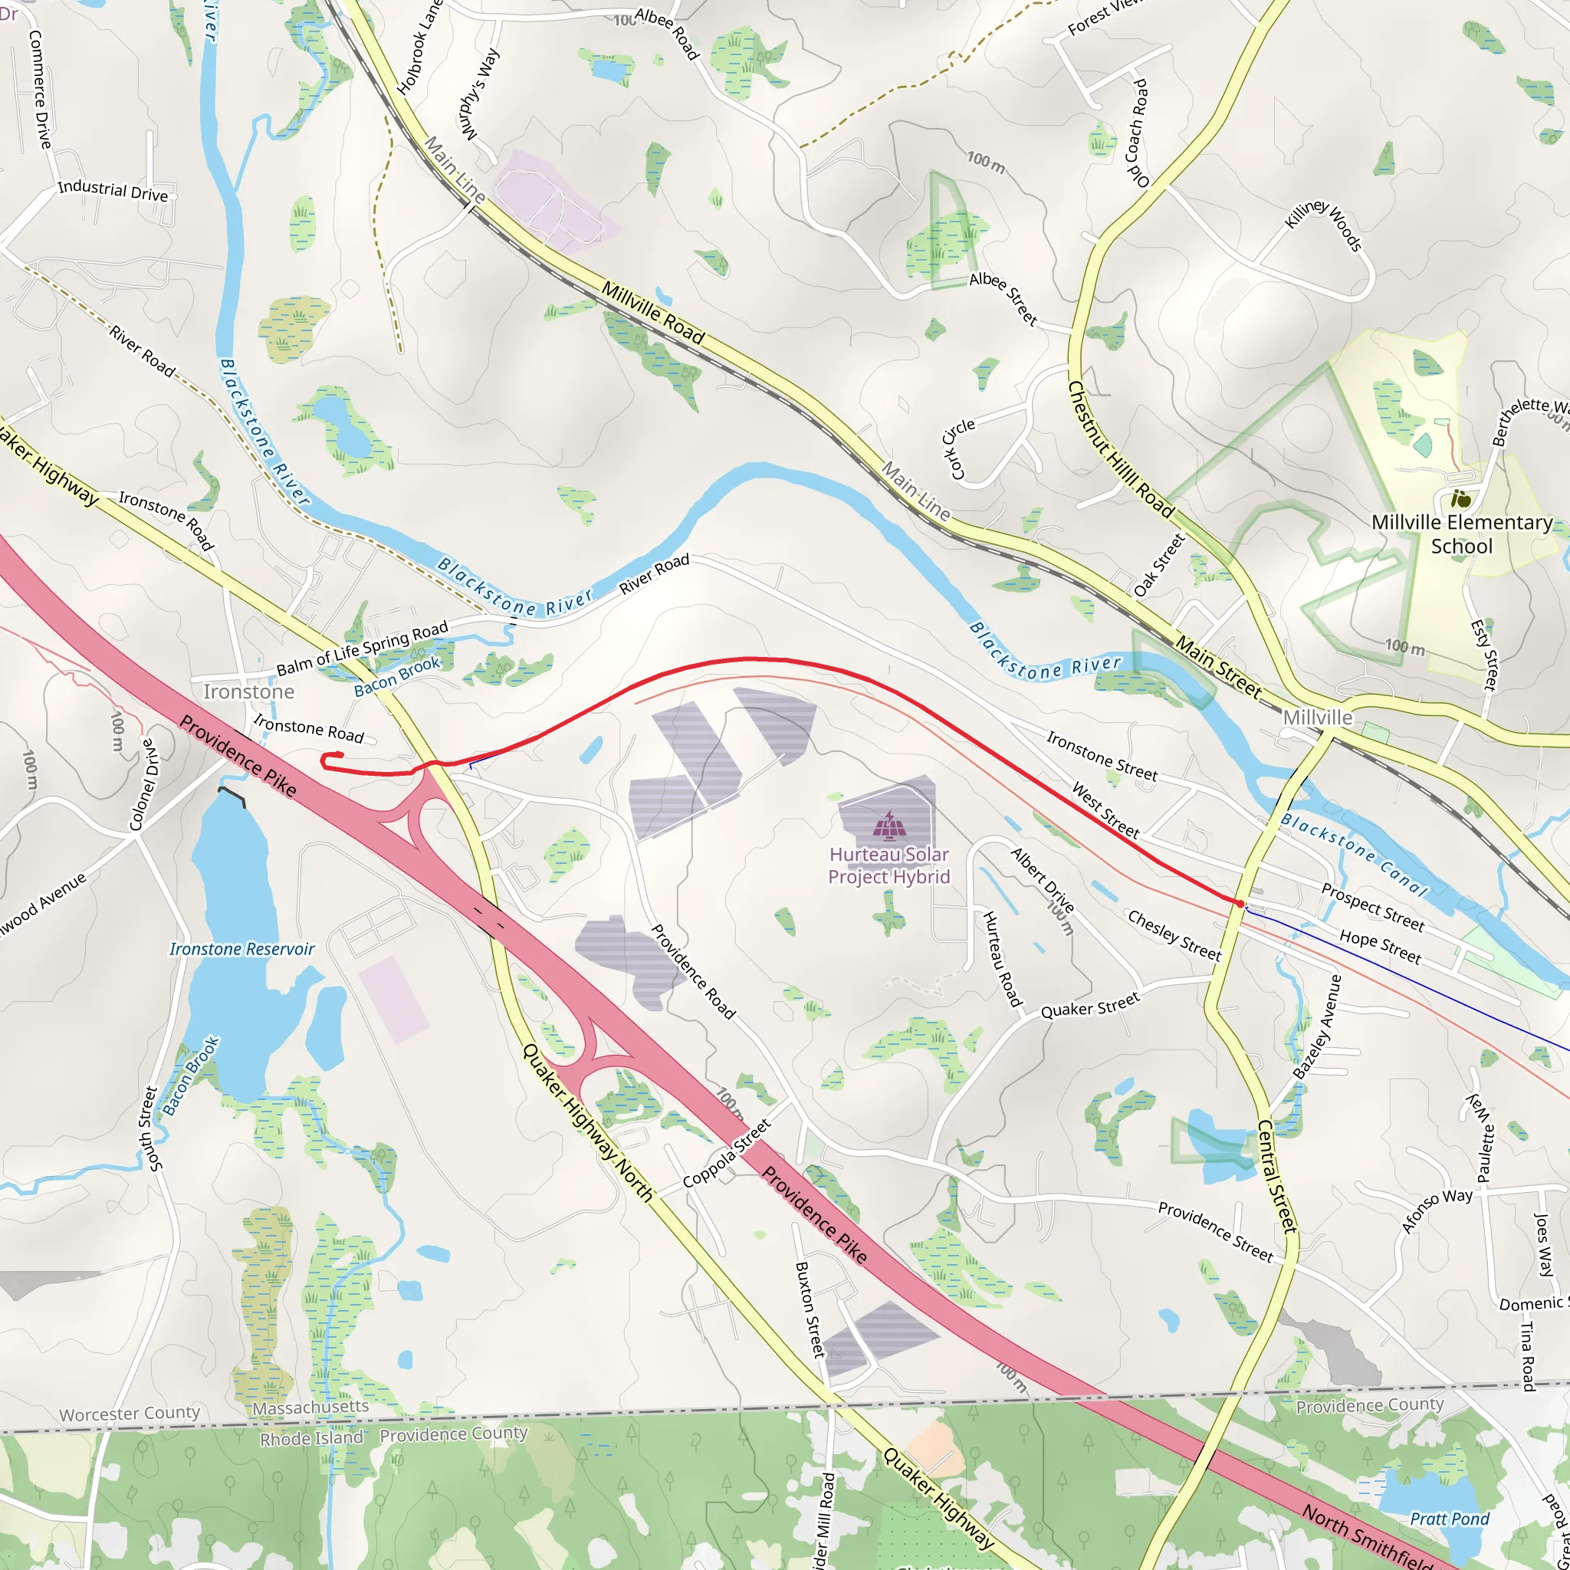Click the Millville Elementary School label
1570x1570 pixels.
click(1461, 534)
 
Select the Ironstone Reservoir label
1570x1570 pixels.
click(242, 949)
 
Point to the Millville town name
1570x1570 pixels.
click(1317, 718)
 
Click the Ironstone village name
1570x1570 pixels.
click(248, 691)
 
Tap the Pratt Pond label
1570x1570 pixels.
click(1449, 1519)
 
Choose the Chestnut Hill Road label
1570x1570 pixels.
click(1121, 449)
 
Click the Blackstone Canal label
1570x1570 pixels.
click(1354, 854)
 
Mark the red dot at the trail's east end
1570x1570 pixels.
click(1240, 904)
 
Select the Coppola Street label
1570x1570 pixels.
click(727, 1154)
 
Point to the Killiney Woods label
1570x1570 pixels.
click(1324, 225)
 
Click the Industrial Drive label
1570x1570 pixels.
click(113, 191)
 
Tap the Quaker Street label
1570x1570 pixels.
click(1091, 1007)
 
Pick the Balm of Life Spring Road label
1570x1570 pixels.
click(363, 649)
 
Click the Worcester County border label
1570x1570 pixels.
click(130, 1414)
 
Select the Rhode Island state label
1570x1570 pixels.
click(311, 1439)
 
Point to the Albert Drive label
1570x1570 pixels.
click(1043, 879)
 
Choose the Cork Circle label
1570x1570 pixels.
click(958, 448)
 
